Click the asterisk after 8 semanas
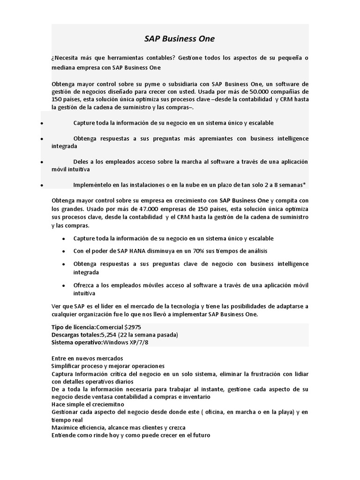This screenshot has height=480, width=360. pyautogui.click(x=308, y=184)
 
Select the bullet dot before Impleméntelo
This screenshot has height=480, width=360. pyautogui.click(x=42, y=185)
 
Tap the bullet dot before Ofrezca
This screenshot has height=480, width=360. pyautogui.click(x=64, y=285)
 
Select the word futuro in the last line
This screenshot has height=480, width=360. pyautogui.click(x=201, y=435)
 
